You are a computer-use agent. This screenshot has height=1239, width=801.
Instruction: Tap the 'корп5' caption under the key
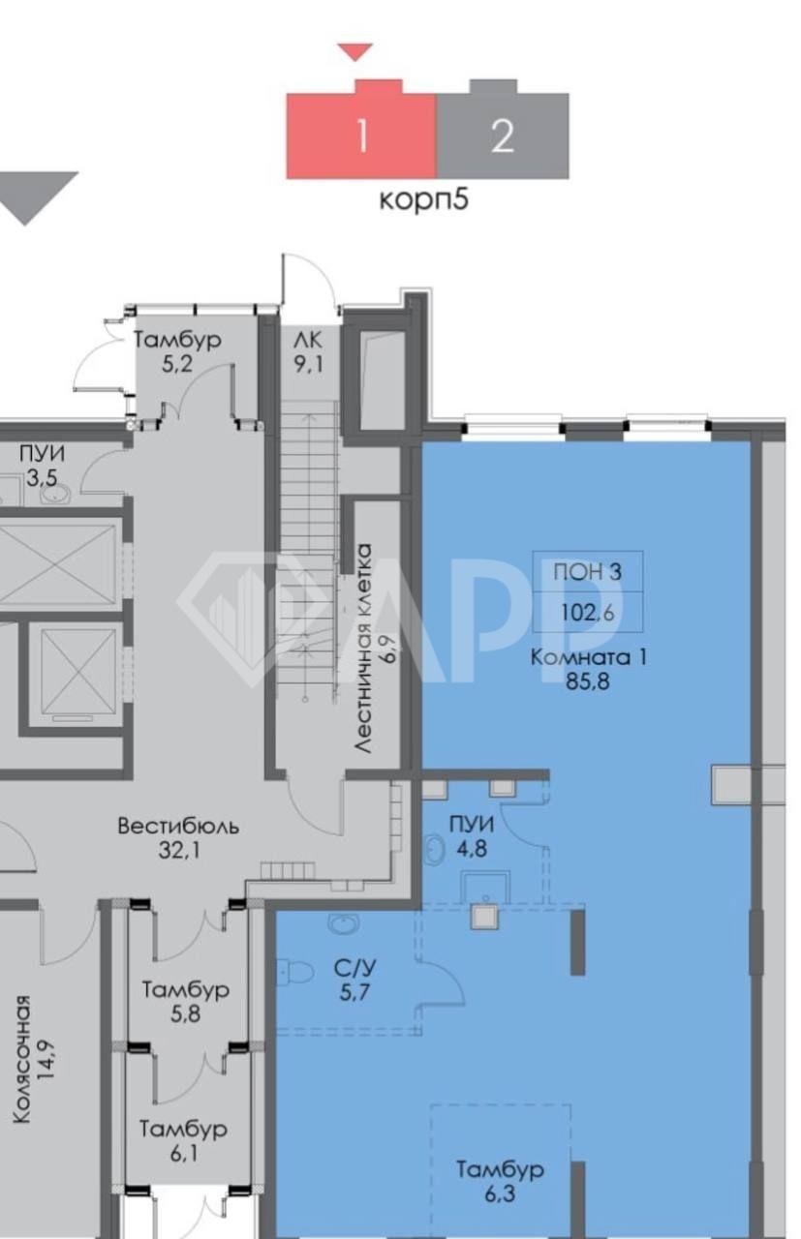[x=424, y=199]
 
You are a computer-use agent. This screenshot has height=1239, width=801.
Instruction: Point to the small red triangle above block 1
[x=355, y=52]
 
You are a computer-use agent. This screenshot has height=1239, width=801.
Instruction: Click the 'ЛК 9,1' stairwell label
[x=308, y=351]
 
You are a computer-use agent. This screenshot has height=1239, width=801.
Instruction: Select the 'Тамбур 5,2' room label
[x=177, y=351]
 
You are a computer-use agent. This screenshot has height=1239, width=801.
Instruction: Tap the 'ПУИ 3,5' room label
[x=42, y=466]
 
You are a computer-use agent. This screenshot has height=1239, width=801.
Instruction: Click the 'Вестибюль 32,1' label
[x=178, y=837]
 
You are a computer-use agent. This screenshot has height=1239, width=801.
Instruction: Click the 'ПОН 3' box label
[x=587, y=571]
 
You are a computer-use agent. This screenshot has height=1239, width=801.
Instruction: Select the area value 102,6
[x=588, y=613]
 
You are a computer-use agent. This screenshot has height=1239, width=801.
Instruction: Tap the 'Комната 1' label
[x=589, y=657]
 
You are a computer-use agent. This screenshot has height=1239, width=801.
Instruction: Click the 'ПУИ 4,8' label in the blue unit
[x=472, y=836]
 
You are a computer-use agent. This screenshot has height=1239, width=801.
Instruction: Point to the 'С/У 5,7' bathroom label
[x=354, y=980]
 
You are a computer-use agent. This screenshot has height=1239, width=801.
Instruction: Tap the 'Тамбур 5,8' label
[x=185, y=1001]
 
